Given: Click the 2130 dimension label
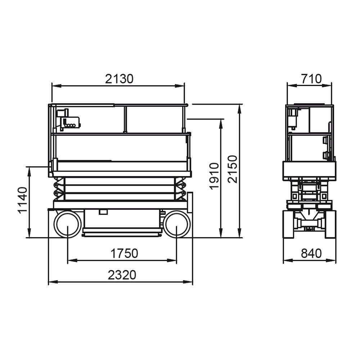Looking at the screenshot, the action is pyautogui.click(x=119, y=79).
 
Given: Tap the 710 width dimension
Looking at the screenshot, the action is pyautogui.click(x=311, y=79).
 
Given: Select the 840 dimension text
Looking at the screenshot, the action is pyautogui.click(x=311, y=253).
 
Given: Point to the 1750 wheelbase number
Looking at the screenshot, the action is pyautogui.click(x=124, y=253).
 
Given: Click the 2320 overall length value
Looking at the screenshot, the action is pyautogui.click(x=122, y=275).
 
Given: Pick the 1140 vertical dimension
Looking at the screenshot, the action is pyautogui.click(x=23, y=201).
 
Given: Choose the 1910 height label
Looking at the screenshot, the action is pyautogui.click(x=215, y=176).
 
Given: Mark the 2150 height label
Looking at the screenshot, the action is pyautogui.click(x=232, y=169).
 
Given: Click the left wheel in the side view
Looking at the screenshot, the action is pyautogui.click(x=68, y=224).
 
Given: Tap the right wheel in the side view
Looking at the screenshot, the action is pyautogui.click(x=176, y=224).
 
